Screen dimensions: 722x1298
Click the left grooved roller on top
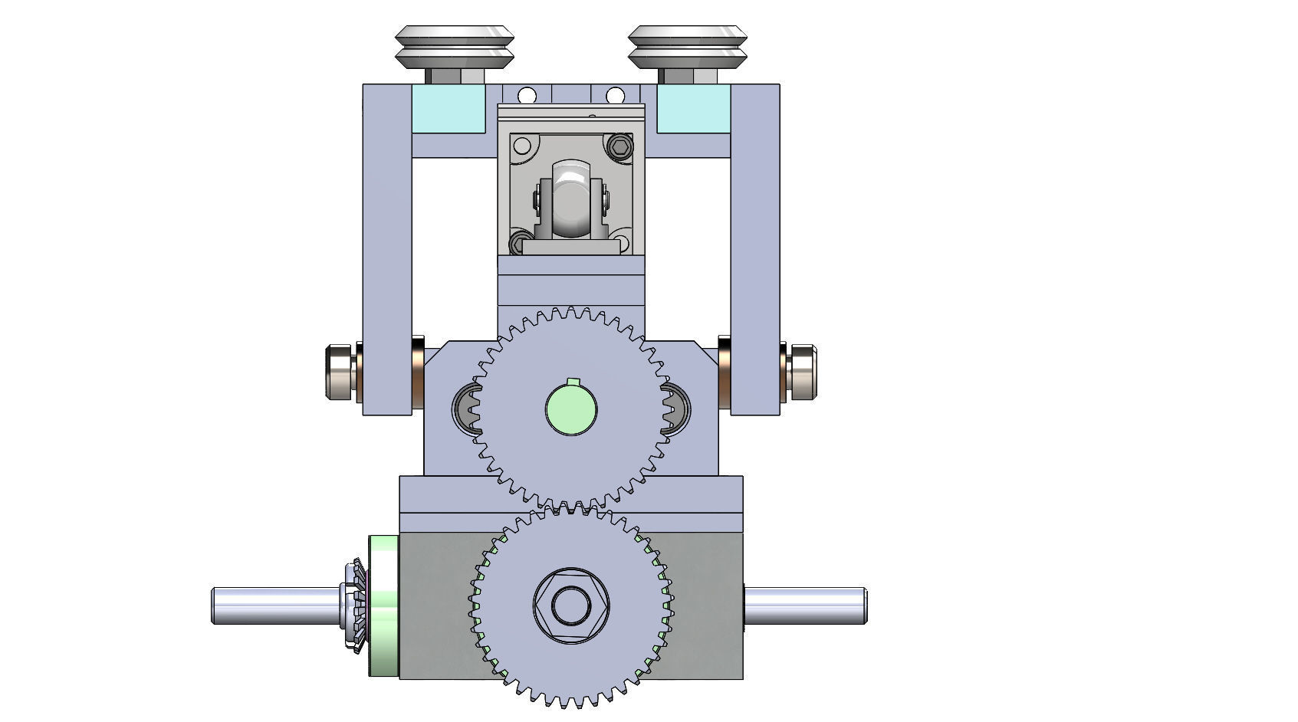455,48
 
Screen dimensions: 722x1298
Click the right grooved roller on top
688,48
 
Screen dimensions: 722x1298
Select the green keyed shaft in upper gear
570,408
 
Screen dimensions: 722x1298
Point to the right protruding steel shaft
805,605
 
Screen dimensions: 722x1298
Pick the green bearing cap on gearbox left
383,605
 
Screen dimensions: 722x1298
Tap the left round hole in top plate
527,96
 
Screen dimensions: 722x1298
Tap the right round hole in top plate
615,96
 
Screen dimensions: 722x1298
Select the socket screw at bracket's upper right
620,146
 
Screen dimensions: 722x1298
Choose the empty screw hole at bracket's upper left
522,146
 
